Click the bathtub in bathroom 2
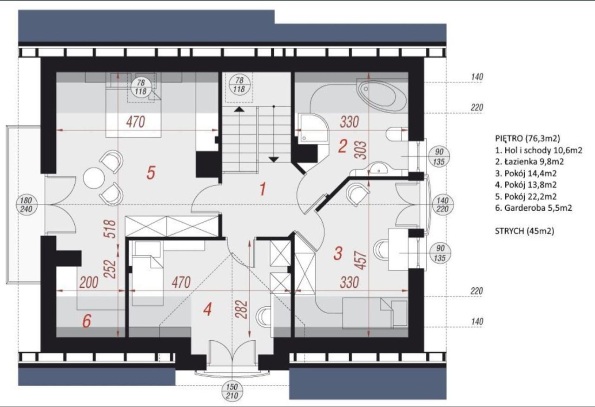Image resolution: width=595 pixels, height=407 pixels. point(383,96)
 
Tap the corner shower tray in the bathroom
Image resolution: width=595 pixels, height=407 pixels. point(313,129)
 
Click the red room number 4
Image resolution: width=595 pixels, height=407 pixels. point(207,310)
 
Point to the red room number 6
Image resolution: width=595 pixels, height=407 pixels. point(87,321)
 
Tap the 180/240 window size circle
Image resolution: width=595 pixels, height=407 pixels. point(26,205)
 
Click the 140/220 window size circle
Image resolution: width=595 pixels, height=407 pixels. point(442,205)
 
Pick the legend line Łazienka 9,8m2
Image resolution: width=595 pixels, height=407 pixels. point(529,162)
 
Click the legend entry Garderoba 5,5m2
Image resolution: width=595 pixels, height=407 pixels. point(534,208)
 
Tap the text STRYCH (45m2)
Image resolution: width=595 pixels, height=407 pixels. point(525,231)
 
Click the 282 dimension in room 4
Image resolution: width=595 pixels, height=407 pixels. point(243,310)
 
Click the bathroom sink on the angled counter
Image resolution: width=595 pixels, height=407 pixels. point(379,168)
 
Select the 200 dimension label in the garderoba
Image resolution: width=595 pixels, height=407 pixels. point(89,283)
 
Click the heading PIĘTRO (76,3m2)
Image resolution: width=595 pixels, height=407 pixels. point(528,138)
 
